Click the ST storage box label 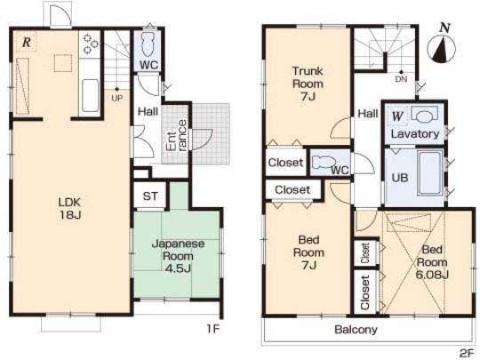148,196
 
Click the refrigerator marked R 28,43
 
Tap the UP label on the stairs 116,98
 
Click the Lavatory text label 415,133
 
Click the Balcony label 356,330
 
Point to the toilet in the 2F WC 319,163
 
